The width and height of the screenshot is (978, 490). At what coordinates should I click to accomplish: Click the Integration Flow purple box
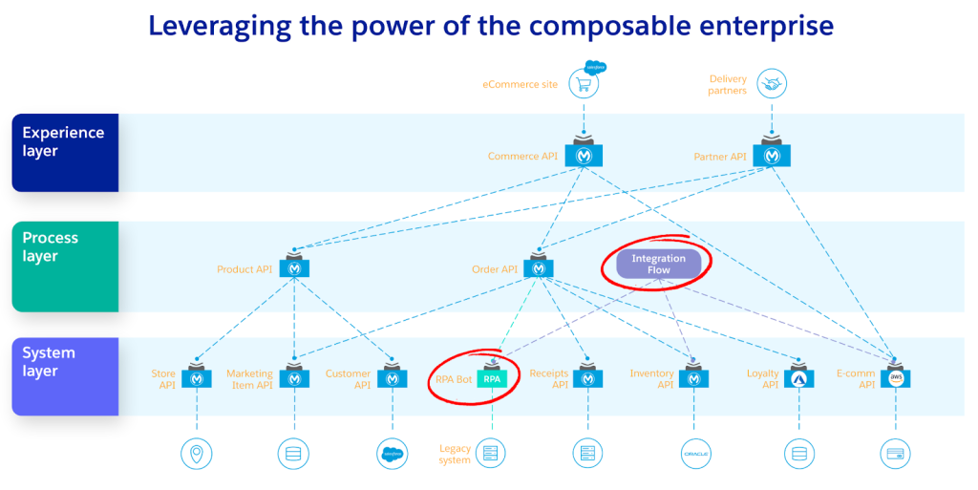[658, 264]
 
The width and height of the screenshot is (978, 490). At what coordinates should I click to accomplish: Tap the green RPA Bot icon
[492, 378]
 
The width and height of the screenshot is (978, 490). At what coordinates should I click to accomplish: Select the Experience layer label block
[65, 153]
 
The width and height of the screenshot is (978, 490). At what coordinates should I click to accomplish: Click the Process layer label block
[65, 266]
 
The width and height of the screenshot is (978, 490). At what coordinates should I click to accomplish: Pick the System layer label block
[65, 375]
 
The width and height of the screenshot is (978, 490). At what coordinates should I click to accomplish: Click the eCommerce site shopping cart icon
[584, 84]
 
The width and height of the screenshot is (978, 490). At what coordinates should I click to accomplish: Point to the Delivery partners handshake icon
[771, 84]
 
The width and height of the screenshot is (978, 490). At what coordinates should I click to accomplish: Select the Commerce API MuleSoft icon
[584, 156]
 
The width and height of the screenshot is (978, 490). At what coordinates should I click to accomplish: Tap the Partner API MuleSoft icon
[772, 156]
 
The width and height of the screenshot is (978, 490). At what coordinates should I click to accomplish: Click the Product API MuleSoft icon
[295, 268]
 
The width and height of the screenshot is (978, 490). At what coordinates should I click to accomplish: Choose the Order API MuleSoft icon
[540, 268]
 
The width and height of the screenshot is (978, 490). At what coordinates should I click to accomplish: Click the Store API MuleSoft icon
[198, 378]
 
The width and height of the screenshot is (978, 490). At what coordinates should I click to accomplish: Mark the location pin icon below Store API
[197, 453]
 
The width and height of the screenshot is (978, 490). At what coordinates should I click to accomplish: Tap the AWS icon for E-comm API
[896, 378]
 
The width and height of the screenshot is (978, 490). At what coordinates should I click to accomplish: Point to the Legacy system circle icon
[491, 453]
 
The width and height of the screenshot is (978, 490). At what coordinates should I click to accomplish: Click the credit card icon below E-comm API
[896, 453]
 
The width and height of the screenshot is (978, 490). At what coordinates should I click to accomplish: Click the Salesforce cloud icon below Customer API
[393, 453]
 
